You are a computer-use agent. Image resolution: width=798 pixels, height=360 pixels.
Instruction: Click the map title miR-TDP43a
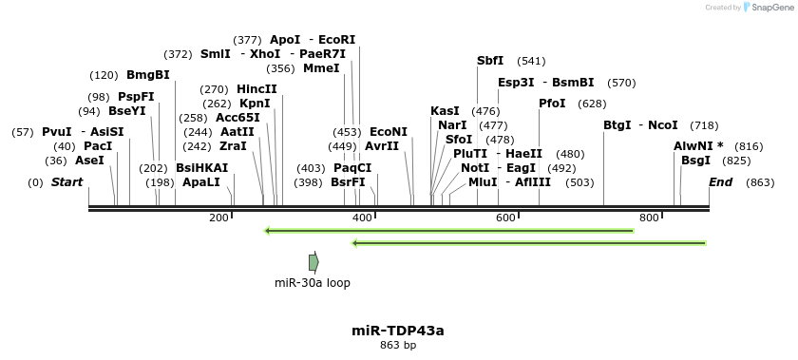pos(398,331)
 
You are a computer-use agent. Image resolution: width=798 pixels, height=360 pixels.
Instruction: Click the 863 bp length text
pos(398,346)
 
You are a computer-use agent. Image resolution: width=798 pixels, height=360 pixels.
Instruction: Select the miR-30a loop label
pos(313,282)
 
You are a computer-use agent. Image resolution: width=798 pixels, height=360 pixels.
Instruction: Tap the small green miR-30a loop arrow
pos(313,262)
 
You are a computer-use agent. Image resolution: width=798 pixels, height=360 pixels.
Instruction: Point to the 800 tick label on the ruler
pos(649,218)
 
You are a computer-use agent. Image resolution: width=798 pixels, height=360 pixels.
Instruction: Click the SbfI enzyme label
pos(490,61)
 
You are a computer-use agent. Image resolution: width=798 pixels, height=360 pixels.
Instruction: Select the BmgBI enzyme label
pos(148,75)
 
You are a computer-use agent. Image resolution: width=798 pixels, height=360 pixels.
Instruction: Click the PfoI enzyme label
pos(552,103)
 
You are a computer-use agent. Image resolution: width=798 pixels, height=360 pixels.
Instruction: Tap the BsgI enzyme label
pos(695,161)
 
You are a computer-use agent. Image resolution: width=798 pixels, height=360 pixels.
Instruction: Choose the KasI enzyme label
pos(445,111)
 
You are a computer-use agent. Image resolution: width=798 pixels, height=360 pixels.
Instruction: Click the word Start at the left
pos(66,181)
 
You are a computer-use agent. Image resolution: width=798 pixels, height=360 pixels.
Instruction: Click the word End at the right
pos(721,181)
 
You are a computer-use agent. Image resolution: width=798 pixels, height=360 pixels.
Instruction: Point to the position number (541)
pos(532,61)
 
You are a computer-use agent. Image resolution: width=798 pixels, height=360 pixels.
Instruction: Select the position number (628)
pos(592,104)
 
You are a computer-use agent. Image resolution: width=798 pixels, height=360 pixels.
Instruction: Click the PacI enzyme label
pos(98,146)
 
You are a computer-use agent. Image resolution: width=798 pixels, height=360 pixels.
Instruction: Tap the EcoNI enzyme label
pos(389,132)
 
